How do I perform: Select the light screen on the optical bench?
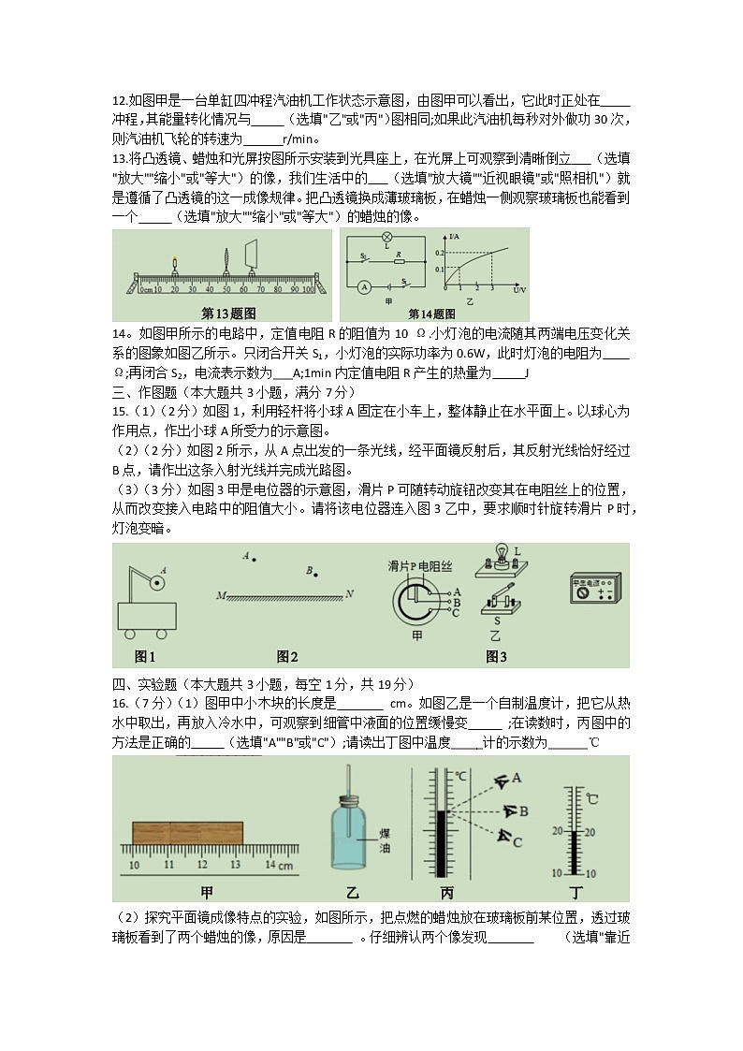pos(252,253)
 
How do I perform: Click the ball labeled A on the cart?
pos(158,582)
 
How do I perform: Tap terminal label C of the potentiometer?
pos(456,613)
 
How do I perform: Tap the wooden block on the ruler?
pos(188,831)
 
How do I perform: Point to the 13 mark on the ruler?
pos(234,866)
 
